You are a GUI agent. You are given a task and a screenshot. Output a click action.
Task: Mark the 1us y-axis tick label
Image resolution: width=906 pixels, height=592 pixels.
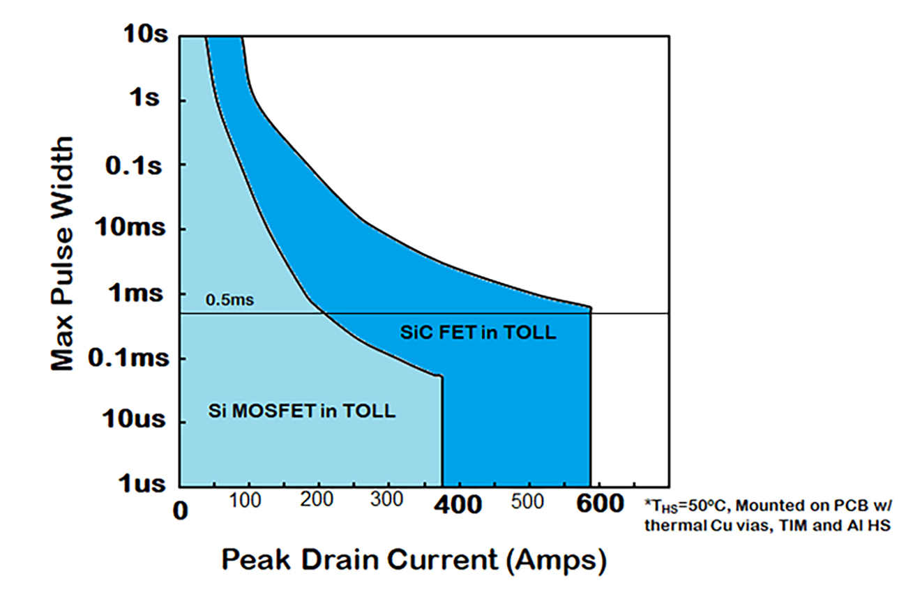click(145, 484)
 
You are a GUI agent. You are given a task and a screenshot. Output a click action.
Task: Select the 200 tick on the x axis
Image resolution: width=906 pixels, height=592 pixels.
click(318, 501)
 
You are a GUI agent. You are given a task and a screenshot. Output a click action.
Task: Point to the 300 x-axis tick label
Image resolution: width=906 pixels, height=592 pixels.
click(388, 501)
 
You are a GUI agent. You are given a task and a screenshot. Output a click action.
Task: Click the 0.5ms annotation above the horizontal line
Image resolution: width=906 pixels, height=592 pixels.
click(228, 302)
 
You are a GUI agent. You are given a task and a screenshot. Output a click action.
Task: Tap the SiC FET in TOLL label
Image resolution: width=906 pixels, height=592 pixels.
click(478, 333)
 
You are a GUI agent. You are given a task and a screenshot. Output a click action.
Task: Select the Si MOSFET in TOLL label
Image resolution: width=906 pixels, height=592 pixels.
click(302, 411)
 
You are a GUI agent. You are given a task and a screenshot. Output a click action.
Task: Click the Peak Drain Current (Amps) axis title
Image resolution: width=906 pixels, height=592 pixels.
click(414, 559)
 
